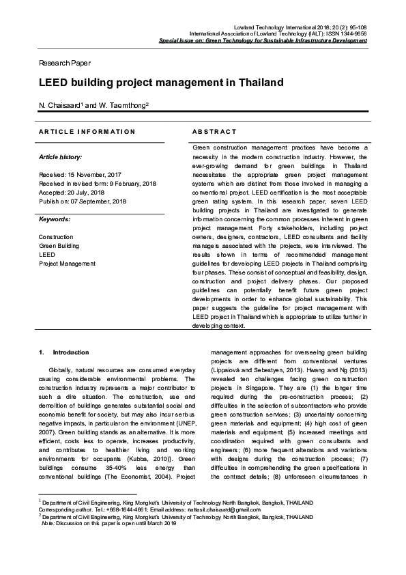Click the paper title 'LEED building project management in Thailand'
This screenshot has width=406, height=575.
point(160,83)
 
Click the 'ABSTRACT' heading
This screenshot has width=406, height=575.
point(214,131)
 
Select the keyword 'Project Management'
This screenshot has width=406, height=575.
point(68,264)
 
